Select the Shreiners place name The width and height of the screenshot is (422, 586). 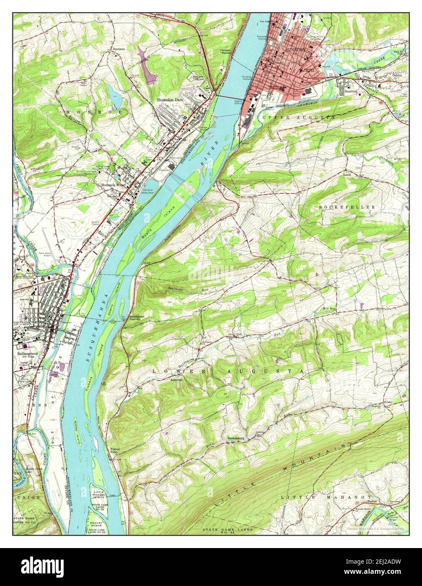coord(118,49)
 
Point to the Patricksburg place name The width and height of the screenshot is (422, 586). coord(237,438)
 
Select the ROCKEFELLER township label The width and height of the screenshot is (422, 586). coord(347,207)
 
